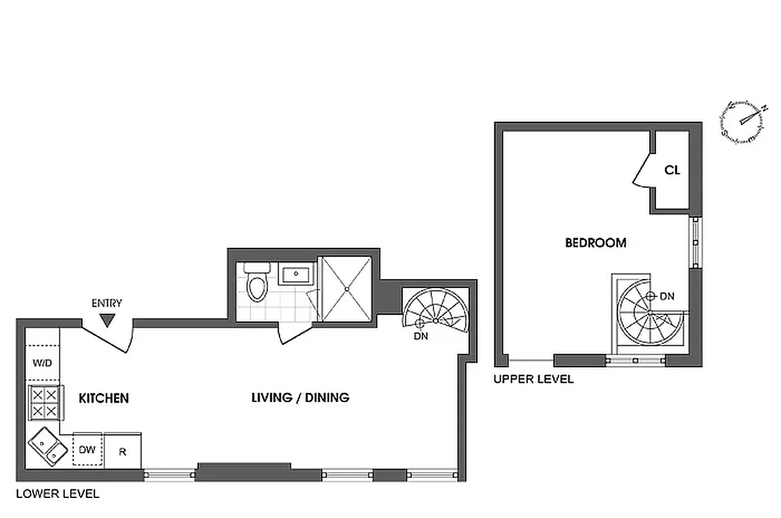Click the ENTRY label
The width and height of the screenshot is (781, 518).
[107, 303]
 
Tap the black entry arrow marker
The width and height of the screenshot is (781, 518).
[107, 319]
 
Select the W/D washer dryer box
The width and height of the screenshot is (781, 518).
[43, 363]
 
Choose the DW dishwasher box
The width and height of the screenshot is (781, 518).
[87, 449]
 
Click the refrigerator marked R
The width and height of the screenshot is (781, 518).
[122, 451]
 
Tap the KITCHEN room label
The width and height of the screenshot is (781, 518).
[104, 398]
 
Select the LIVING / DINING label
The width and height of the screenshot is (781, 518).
[300, 398]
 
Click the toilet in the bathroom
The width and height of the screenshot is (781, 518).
[256, 282]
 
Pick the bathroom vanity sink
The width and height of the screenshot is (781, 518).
[297, 274]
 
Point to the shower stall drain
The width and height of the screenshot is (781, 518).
[347, 287]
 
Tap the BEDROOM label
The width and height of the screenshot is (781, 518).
[595, 243]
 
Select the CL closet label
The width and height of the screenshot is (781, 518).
[672, 170]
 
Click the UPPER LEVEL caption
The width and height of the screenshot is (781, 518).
[533, 379]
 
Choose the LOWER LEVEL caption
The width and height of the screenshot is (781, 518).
[58, 494]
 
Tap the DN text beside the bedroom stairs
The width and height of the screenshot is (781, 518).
[667, 297]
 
